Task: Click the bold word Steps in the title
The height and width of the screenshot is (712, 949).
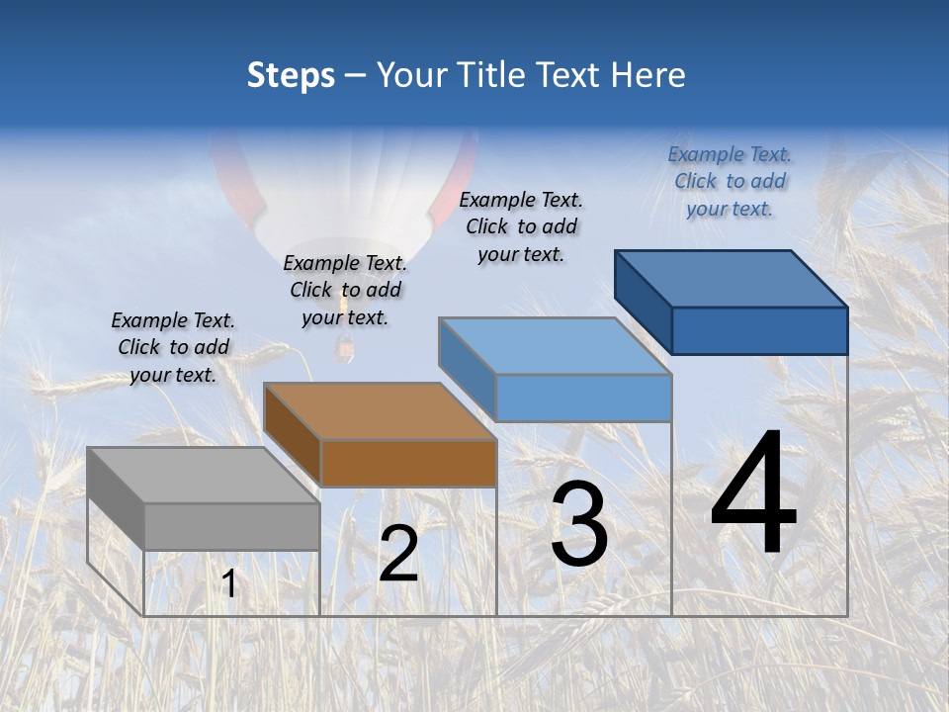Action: click(x=291, y=75)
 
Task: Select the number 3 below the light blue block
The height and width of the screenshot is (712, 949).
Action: click(x=579, y=524)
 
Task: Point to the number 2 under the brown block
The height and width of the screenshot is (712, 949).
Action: click(x=398, y=554)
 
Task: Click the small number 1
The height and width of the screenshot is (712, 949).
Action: click(x=229, y=584)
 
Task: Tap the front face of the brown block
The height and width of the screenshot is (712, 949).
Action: click(x=408, y=463)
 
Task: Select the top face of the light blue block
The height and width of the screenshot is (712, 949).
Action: click(x=554, y=346)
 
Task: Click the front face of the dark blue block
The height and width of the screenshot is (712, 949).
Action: click(x=759, y=330)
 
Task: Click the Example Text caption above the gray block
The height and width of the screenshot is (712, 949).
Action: click(x=173, y=347)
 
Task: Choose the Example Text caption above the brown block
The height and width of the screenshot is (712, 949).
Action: click(x=345, y=290)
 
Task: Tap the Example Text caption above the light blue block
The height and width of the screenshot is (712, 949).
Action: click(x=521, y=226)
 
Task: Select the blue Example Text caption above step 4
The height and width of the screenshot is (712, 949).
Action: click(x=730, y=181)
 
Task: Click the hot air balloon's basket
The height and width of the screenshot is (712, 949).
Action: click(x=345, y=347)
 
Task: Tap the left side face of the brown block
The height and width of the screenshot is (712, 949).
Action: click(x=293, y=429)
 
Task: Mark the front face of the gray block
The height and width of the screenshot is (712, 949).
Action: click(x=232, y=526)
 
